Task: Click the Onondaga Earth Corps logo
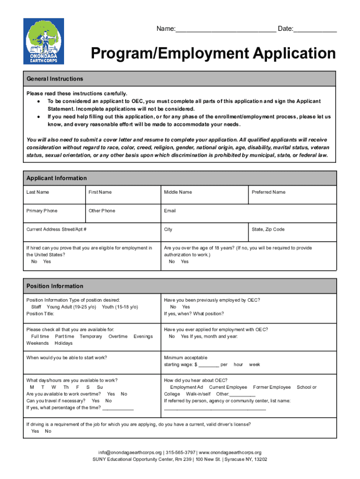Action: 43,43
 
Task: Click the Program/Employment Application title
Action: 213,54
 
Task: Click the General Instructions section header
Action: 55,79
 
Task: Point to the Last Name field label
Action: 37,192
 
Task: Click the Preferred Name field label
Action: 268,192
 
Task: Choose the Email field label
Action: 170,211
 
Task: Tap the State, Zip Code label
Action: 268,230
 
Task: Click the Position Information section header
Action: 55,286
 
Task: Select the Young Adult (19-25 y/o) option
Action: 71,307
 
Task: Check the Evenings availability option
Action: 144,336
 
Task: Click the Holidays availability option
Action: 64,343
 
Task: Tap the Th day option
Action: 66,387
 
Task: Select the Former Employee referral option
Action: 272,387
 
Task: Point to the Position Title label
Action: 40,314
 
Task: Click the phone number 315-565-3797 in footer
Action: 180,453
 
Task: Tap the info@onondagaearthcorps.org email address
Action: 130,453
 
